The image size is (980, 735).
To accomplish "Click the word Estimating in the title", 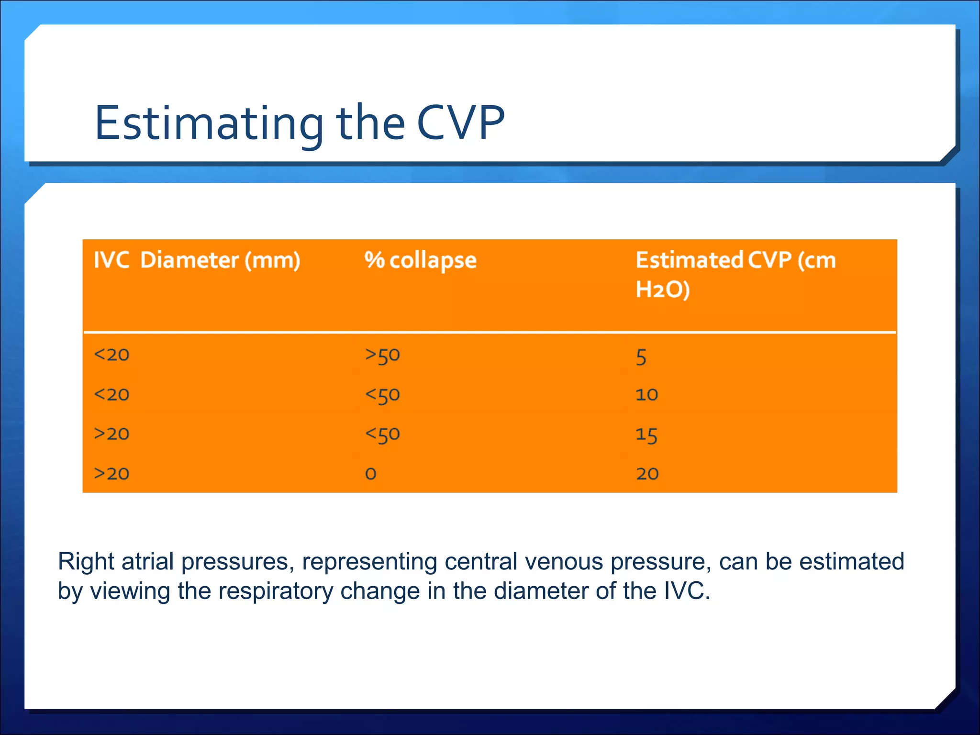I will click(x=209, y=123).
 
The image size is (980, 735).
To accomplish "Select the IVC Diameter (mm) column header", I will click(x=197, y=260).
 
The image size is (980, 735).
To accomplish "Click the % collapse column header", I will click(x=420, y=260).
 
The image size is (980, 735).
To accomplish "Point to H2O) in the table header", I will click(x=662, y=290).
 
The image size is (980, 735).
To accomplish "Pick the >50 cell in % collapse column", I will click(x=382, y=355).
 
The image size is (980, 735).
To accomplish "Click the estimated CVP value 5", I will click(x=641, y=357).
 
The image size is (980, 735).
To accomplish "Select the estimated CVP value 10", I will click(x=646, y=395).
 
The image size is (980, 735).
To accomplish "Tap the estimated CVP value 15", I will click(x=646, y=435).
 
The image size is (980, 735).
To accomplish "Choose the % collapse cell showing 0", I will click(x=370, y=474).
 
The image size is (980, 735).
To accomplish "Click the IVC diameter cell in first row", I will click(x=111, y=355).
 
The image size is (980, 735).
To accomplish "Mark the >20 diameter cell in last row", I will click(x=111, y=474).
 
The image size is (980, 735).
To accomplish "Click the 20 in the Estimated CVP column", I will click(x=647, y=474).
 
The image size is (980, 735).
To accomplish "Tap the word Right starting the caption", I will click(x=86, y=561).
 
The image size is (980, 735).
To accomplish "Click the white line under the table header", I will click(x=489, y=332).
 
